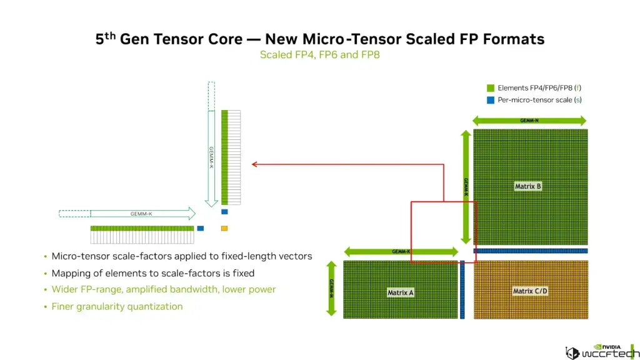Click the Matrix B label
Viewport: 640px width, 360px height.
[x=528, y=186]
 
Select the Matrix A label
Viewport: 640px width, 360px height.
[x=401, y=292]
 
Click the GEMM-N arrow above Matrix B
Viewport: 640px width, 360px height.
[x=529, y=121]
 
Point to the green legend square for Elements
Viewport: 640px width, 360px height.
[x=491, y=88]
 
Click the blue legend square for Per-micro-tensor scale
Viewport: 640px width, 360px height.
[x=491, y=100]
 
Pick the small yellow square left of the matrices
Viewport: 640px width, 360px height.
[x=224, y=228]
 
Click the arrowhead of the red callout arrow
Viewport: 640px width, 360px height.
[x=254, y=164]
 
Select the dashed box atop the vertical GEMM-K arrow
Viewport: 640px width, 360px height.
[x=211, y=95]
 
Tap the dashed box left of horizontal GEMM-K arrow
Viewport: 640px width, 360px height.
[x=74, y=214]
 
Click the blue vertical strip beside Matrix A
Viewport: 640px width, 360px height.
[x=462, y=289]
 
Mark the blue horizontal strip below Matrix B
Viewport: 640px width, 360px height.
[x=531, y=251]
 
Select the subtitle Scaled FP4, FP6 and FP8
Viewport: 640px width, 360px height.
[x=319, y=54]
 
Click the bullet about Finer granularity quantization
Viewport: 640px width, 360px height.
[x=117, y=306]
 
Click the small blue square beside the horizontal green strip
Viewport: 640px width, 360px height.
[x=201, y=228]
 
